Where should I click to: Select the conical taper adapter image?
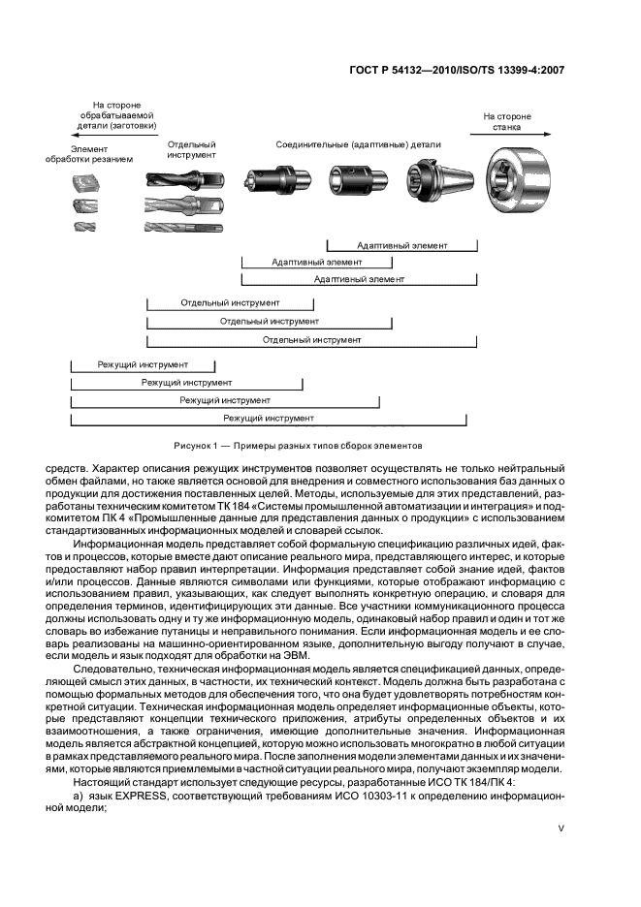430,182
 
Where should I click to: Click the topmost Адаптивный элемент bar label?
401,246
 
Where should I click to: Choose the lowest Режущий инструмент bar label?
268,418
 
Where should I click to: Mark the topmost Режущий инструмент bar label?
143,365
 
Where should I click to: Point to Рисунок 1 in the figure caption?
198,446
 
